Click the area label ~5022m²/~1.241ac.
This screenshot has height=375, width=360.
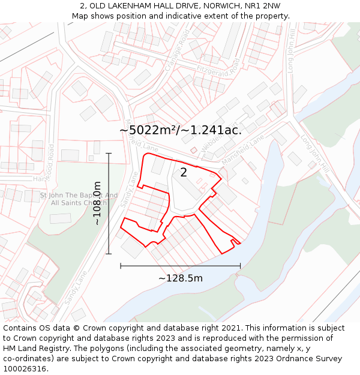(181, 130)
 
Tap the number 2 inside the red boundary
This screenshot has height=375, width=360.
(184, 172)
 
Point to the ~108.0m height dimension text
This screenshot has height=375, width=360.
(97, 203)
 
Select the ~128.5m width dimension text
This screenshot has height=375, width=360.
(181, 278)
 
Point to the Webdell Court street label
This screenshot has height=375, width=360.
(214, 143)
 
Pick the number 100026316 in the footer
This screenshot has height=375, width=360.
(26, 368)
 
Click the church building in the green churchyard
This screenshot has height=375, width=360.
(60, 218)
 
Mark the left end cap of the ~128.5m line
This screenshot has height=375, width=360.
(121, 265)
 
